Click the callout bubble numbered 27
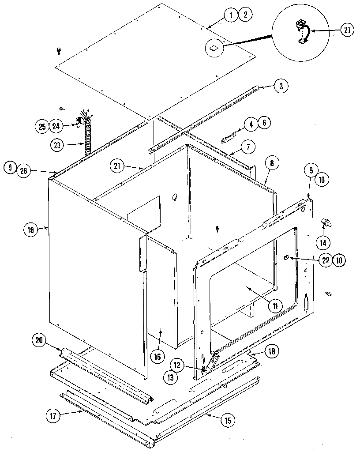pos(347,30)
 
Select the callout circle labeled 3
pos(281,87)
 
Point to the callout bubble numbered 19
pos(30,229)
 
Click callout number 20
pos(38,340)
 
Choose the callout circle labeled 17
pos(53,415)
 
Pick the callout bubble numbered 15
pos(227,421)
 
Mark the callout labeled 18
pos(272,351)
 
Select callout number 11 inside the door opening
pos(274,305)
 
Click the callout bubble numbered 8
pos(272,163)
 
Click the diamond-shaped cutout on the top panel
pos(214,47)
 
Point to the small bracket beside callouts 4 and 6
pos(229,137)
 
